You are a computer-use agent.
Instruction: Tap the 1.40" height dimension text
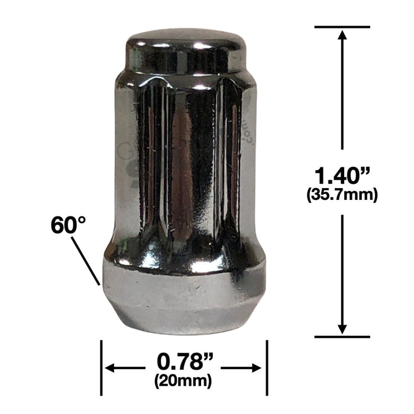click(342, 176)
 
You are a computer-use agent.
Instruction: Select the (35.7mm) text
click(342, 194)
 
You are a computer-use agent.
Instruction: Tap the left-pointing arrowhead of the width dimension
click(109, 368)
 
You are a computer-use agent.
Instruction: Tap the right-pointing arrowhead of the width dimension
click(258, 368)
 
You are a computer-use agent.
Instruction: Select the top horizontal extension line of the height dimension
click(342, 27)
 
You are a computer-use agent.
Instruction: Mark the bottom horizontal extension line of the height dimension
click(342, 337)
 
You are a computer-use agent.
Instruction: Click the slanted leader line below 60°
click(86, 261)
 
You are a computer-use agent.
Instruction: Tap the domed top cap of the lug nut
click(185, 47)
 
